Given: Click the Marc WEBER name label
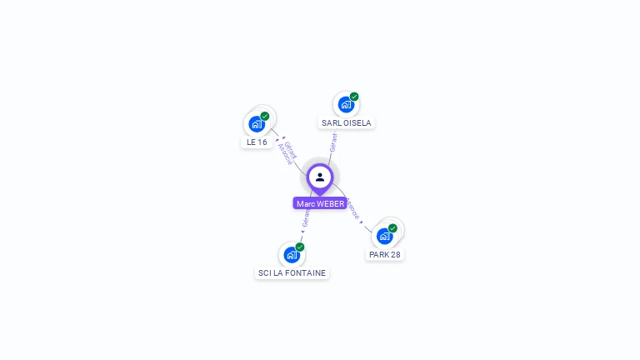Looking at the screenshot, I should coord(320,203).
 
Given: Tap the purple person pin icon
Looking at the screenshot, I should coord(320,177).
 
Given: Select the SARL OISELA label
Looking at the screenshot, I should coord(346,122).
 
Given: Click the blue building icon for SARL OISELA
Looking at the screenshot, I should coord(346,105).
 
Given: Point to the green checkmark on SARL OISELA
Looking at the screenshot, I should coord(354,97).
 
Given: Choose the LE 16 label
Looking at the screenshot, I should coord(257,142).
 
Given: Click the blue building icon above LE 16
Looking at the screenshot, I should coord(257,124).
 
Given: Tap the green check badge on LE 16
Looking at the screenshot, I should coord(265,116).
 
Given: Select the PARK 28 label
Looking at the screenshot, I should coord(385,254).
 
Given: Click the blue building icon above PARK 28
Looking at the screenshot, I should coord(384,236).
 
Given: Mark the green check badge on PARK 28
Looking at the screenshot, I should coord(392,227).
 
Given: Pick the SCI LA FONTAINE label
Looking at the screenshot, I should coord(292,272).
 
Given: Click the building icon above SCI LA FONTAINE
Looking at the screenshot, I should coord(291,254).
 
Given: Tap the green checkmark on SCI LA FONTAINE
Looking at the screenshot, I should coord(300,247).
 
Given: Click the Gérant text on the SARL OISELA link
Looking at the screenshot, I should coord(333,142).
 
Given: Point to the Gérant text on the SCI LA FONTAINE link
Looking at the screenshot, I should coord(306,218).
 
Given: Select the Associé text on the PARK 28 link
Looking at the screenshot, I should coord(352,208).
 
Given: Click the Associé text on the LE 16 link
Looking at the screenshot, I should coord(284,154).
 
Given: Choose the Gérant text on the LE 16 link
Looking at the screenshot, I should coord(291,149).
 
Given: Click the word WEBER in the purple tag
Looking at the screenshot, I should coord(330,203).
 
